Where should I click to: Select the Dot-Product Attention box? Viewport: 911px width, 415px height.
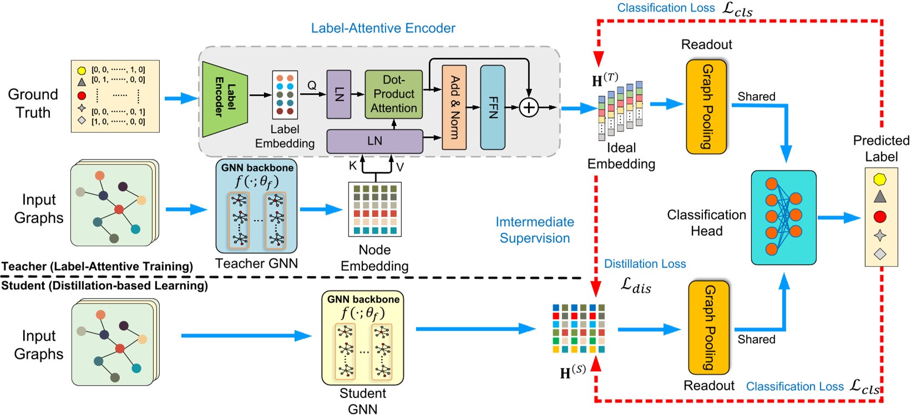click(x=393, y=94)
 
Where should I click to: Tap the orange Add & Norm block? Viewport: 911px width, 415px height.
click(x=454, y=107)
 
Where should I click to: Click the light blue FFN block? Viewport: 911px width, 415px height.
click(x=493, y=107)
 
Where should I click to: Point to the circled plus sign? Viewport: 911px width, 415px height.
click(x=529, y=107)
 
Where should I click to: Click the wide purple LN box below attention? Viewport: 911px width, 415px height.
click(x=374, y=141)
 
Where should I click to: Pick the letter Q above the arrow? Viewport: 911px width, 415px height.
click(x=312, y=85)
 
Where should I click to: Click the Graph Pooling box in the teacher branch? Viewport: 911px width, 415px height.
click(x=706, y=106)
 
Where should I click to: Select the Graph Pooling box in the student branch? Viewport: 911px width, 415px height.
click(x=708, y=327)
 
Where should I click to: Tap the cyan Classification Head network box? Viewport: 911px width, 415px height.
click(x=783, y=217)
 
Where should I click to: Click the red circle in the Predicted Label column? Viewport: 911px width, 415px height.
click(x=880, y=216)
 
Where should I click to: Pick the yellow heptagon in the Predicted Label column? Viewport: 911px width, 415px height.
click(x=880, y=179)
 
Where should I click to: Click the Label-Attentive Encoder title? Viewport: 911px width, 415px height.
click(x=383, y=28)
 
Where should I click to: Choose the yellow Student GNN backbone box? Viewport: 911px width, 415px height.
click(x=363, y=338)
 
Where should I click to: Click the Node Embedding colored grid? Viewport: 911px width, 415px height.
click(x=374, y=209)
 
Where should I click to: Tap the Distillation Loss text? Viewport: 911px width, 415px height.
click(x=645, y=264)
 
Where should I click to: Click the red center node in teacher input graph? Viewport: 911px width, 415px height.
click(x=119, y=209)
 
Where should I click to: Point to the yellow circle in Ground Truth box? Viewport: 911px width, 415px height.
click(x=82, y=70)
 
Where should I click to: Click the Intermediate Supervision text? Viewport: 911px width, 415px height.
click(x=534, y=230)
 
